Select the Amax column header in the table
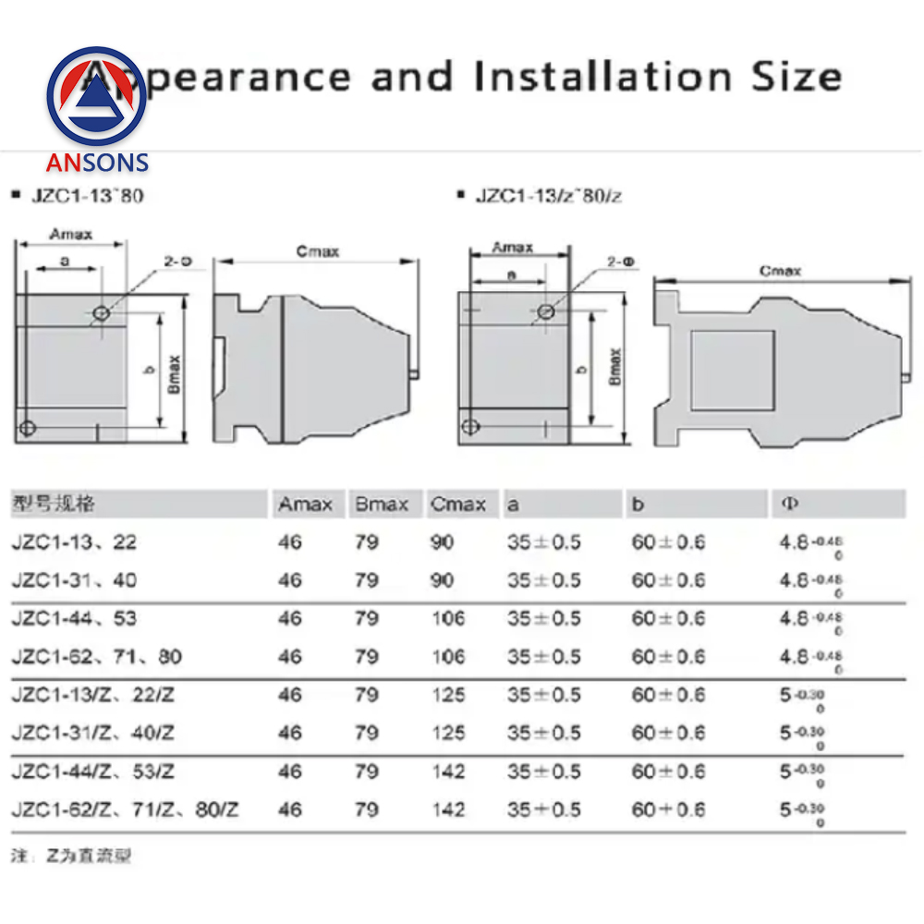point(305,505)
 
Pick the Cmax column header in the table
point(457,505)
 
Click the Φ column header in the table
point(790,505)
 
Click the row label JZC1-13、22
point(74,542)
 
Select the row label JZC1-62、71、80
point(96,657)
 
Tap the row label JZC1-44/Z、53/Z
point(92,772)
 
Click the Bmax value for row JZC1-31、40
point(366,580)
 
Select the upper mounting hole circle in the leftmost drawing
point(101,314)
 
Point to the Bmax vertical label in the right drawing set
point(615,366)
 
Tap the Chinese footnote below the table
point(71,856)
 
